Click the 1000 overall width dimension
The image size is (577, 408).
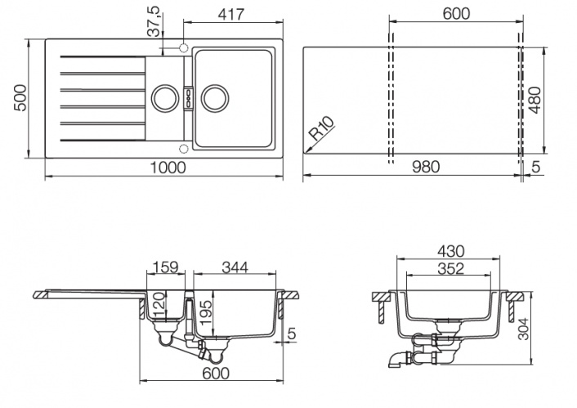(168, 168)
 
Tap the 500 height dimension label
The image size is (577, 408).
(20, 98)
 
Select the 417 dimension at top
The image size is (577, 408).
(231, 15)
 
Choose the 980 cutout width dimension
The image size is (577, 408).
(426, 167)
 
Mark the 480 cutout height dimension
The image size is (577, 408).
(535, 100)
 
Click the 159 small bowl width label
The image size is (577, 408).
(166, 267)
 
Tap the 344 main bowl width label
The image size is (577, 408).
(235, 267)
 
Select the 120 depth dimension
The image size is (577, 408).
(158, 304)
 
